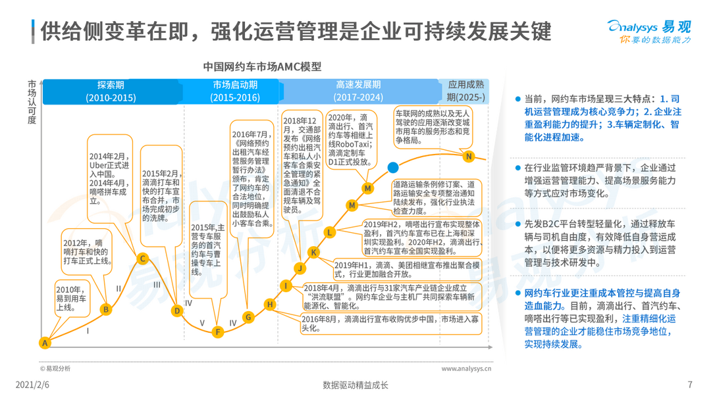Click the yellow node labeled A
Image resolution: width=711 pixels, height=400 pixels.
point(45,343)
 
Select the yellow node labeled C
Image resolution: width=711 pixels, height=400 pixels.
point(142,259)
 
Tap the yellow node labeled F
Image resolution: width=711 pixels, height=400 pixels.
point(218,332)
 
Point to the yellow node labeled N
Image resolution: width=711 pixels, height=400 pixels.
point(469,157)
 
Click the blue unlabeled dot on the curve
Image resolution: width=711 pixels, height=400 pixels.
point(393,168)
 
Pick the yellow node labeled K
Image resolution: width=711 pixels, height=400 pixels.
point(313,253)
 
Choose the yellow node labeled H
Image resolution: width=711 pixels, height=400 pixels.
point(270,305)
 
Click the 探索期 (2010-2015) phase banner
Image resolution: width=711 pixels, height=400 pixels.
point(111,91)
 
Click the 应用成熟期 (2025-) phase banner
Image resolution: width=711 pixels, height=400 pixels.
point(465,91)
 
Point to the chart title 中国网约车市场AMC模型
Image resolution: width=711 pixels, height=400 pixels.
point(262,66)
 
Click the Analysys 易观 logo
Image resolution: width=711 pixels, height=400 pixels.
point(649,32)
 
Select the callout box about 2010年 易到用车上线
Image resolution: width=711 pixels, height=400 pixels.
point(72,299)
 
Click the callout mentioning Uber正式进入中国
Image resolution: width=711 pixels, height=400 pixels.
point(109,178)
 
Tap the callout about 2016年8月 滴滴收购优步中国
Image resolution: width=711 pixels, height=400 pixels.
point(391,324)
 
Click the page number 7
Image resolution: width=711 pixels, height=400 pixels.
point(690,385)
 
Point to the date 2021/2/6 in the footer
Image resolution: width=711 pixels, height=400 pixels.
point(32,385)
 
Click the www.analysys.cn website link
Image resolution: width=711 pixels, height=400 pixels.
point(466,368)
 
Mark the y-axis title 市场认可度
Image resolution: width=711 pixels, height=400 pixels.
point(32,102)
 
